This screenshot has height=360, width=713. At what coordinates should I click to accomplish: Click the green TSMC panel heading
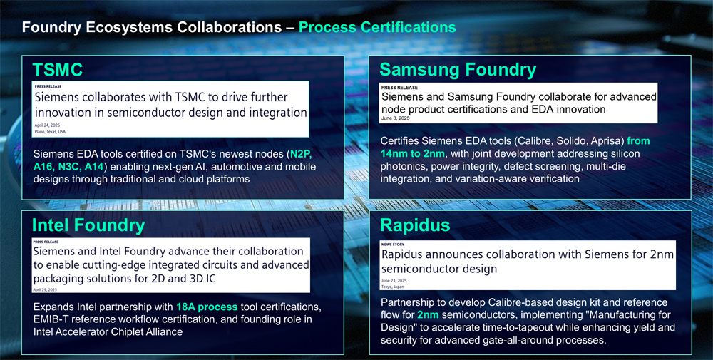pyautogui.click(x=57, y=70)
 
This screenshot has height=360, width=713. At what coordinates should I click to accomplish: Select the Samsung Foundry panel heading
pyautogui.click(x=458, y=70)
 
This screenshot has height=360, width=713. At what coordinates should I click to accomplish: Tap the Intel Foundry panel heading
pyautogui.click(x=88, y=225)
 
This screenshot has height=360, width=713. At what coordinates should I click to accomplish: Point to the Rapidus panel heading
pyautogui.click(x=415, y=225)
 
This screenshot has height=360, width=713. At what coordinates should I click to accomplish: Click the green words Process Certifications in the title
pyautogui.click(x=377, y=27)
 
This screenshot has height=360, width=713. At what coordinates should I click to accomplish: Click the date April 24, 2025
pyautogui.click(x=47, y=125)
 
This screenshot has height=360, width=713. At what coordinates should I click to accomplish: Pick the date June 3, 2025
pyautogui.click(x=396, y=118)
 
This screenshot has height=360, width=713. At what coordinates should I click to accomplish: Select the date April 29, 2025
pyautogui.click(x=45, y=289)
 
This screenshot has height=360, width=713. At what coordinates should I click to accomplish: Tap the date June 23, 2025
pyautogui.click(x=394, y=281)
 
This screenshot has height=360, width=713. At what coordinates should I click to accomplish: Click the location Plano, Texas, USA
pyautogui.click(x=50, y=132)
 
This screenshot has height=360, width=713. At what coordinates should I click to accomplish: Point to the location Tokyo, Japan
pyautogui.click(x=392, y=287)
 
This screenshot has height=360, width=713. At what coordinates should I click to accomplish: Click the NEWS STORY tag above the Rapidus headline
pyautogui.click(x=393, y=245)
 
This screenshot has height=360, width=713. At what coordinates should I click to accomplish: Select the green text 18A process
pyautogui.click(x=207, y=307)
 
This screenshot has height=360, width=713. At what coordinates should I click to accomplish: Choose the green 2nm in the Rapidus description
pyautogui.click(x=428, y=314)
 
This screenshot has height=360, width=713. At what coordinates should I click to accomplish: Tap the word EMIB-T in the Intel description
pyautogui.click(x=50, y=319)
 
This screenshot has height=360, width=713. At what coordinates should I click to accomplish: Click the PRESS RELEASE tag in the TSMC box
pyautogui.click(x=48, y=86)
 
